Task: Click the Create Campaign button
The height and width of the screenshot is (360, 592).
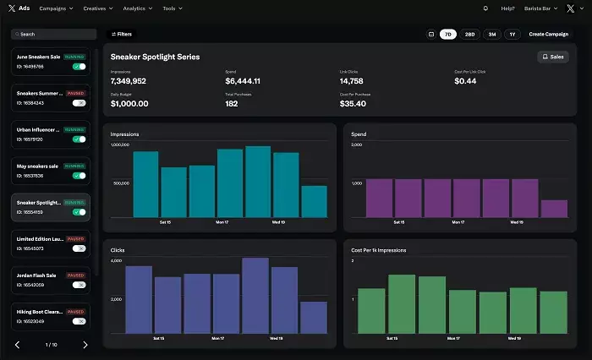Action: (548, 34)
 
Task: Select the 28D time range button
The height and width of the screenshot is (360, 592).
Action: (469, 34)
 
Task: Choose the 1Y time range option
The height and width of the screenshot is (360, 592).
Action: (513, 34)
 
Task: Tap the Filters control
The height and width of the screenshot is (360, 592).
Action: (122, 34)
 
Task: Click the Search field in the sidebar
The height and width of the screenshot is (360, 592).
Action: (54, 35)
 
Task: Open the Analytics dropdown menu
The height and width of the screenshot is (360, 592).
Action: (137, 8)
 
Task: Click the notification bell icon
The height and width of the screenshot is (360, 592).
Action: (485, 8)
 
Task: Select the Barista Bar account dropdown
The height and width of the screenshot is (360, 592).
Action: (541, 8)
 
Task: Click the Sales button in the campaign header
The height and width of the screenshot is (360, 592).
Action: (553, 57)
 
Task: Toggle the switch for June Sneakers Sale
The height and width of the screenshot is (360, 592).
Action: (79, 66)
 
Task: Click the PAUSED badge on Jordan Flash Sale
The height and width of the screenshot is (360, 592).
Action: (76, 275)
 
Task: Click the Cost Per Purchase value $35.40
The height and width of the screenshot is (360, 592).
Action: (354, 104)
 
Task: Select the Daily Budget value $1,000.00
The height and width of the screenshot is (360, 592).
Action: (129, 104)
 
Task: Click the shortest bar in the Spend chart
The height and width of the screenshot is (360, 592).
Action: (554, 210)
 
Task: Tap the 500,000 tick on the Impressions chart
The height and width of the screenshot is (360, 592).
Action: (120, 183)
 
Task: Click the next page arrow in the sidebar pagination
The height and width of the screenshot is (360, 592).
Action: (85, 345)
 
